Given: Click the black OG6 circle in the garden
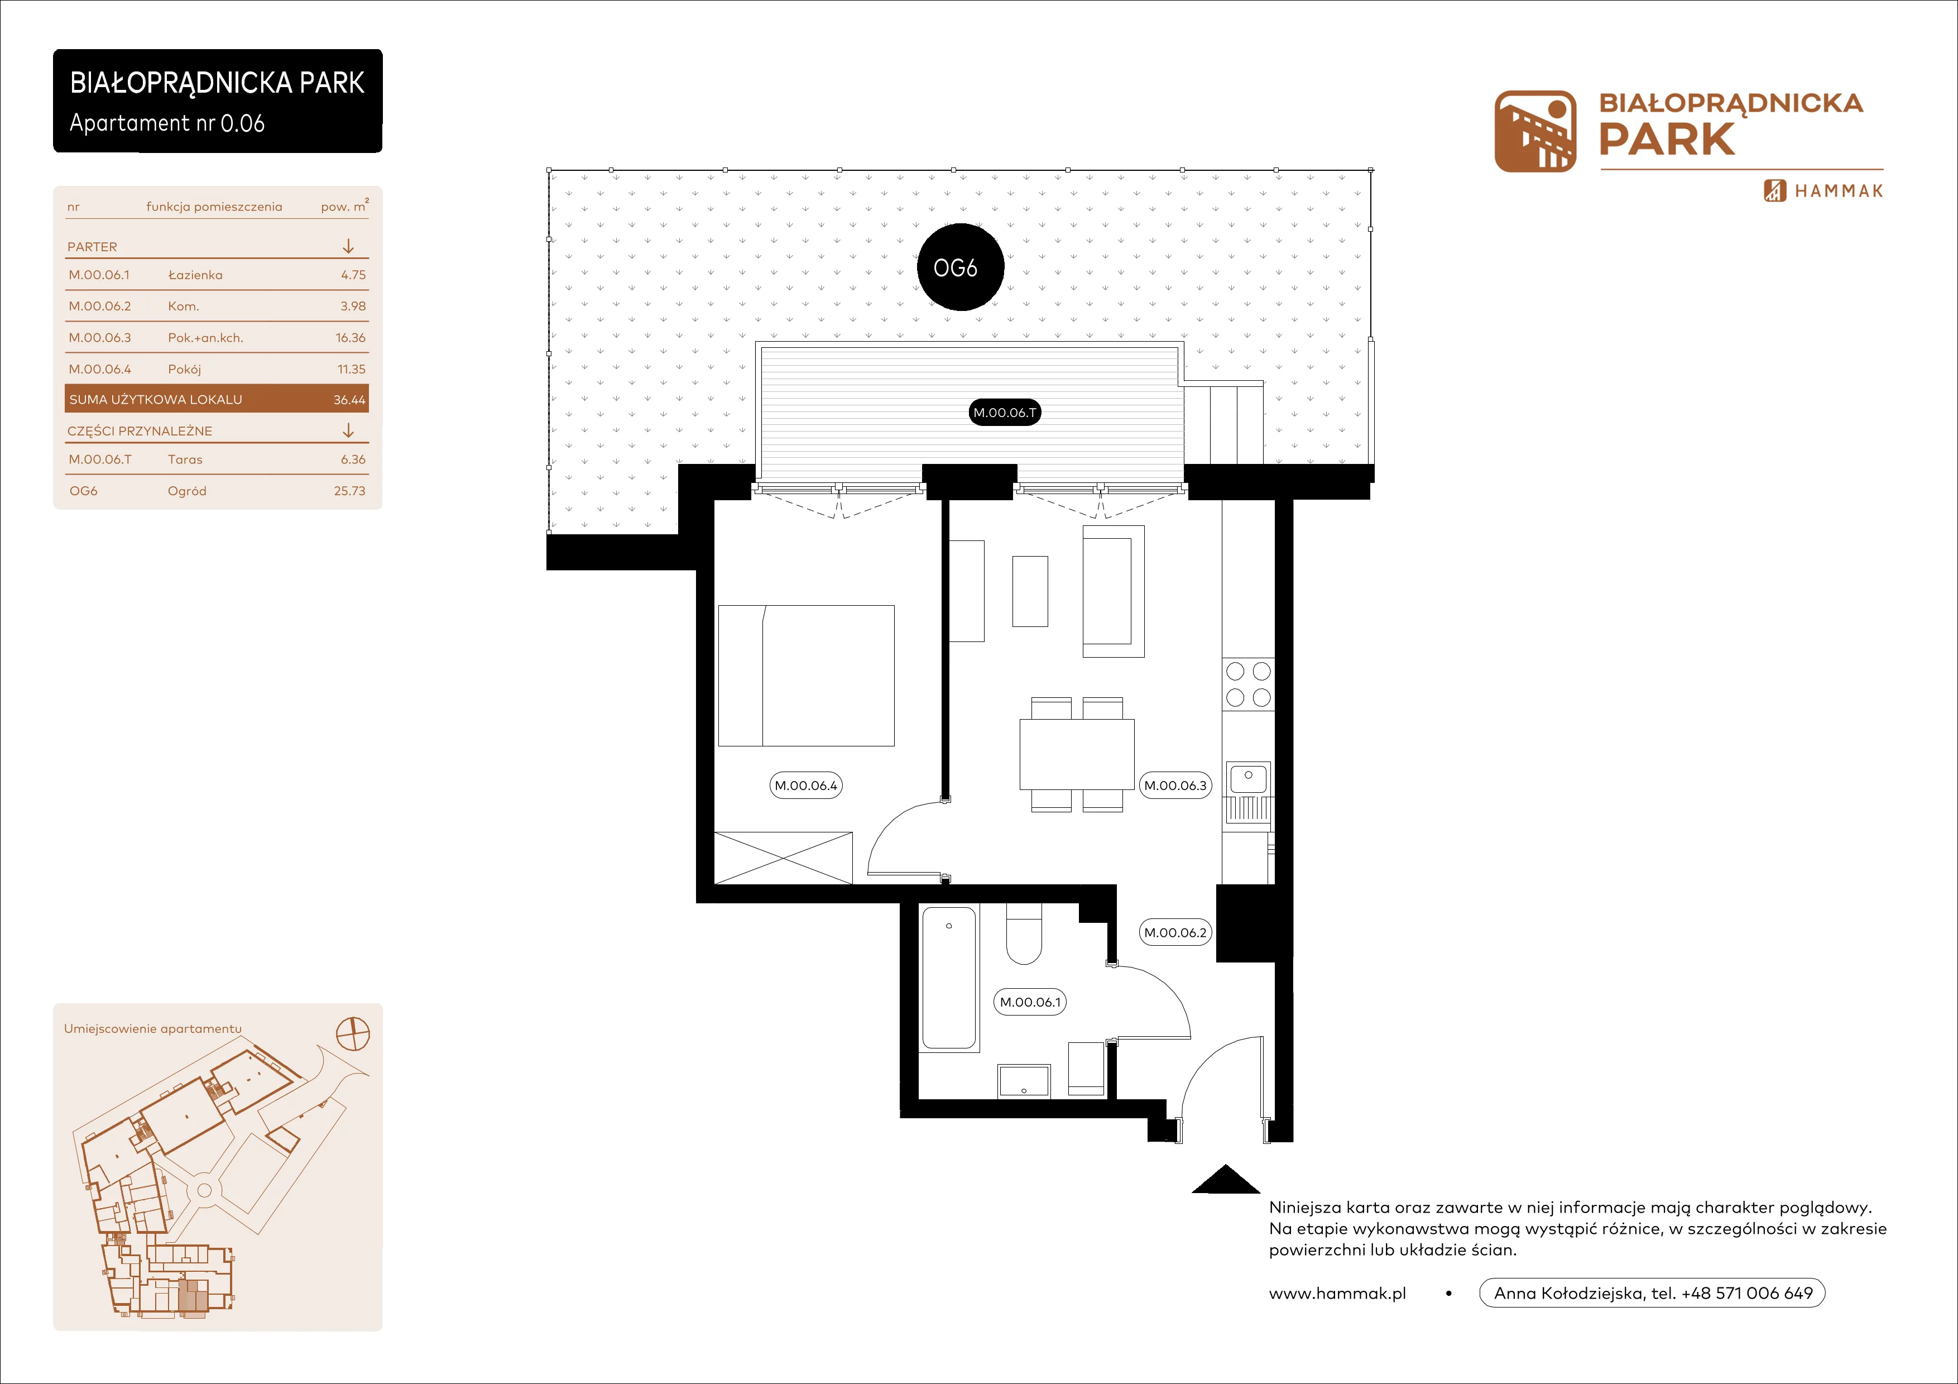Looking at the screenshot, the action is pos(960,267).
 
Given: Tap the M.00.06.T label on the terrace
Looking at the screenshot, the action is pos(1005,413).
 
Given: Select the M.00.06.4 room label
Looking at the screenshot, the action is pos(806,786).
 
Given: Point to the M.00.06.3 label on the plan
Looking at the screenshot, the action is pos(1175,786).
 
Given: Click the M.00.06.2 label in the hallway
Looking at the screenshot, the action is pos(1175,932).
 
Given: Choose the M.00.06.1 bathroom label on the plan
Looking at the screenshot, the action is pos(1030,1002).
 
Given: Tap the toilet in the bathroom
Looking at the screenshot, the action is pos(1023,934).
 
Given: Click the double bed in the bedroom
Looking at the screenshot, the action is pos(806,676).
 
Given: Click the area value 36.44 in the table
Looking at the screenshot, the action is pos(349,400).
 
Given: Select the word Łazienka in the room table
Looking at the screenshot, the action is pos(195,275).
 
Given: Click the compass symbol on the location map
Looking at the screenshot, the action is pos(353,1033).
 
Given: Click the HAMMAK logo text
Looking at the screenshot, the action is pos(1839,191).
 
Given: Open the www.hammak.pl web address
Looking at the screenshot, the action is pos(1337,1294).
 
